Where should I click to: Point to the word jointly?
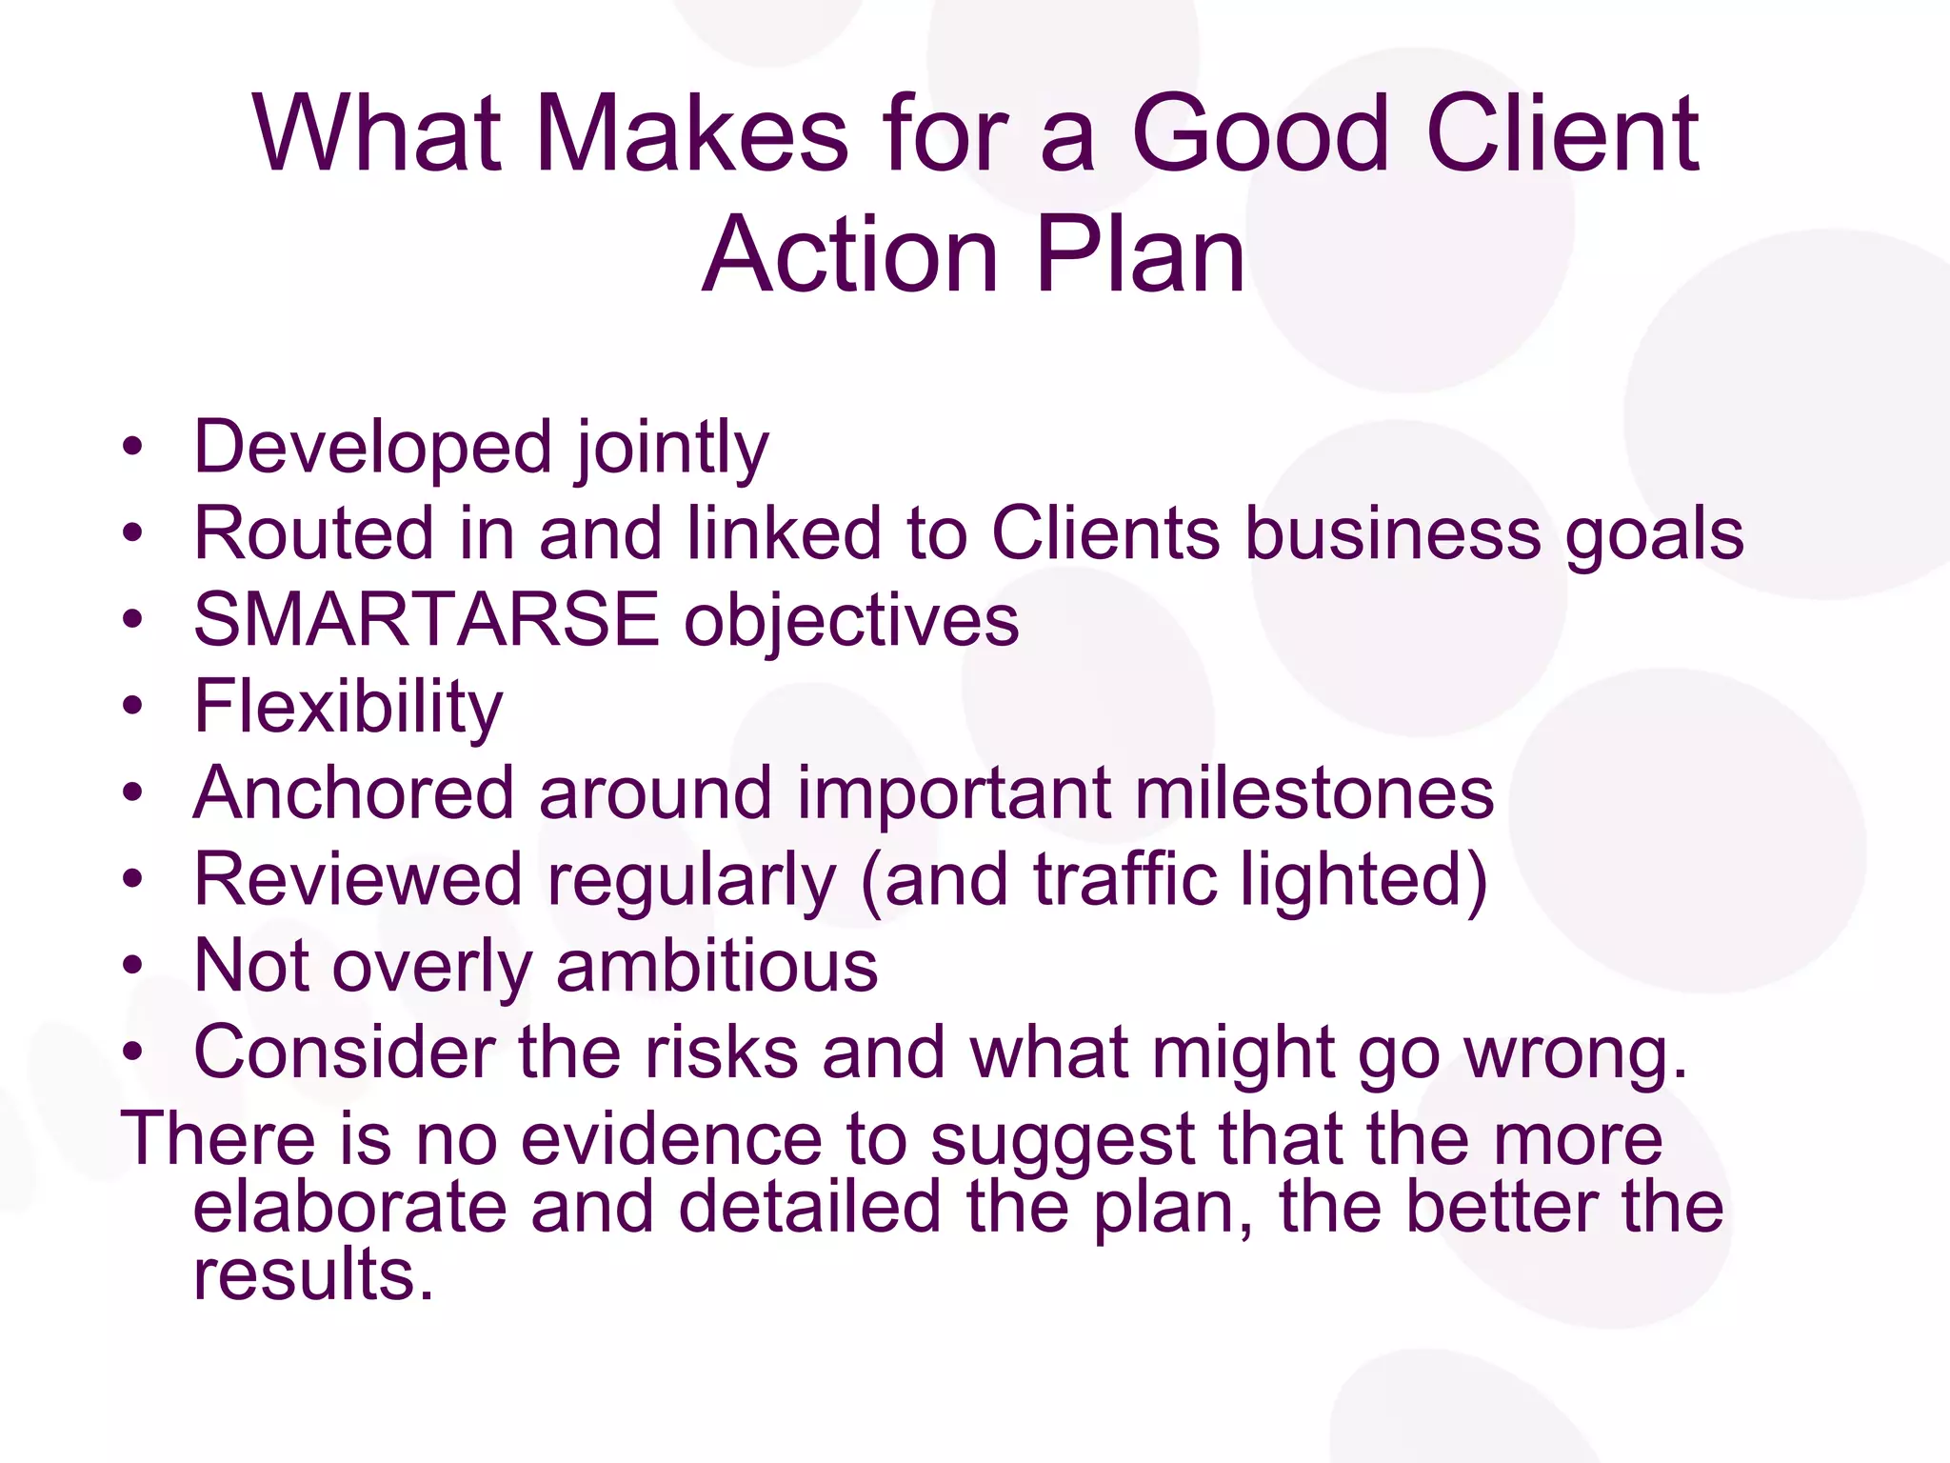coord(671,448)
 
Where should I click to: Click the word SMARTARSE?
coord(426,620)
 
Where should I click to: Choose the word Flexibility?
coord(348,708)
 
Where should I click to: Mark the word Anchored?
coord(353,793)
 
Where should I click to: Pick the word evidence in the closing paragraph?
coord(671,1139)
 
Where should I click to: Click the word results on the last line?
coord(313,1275)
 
